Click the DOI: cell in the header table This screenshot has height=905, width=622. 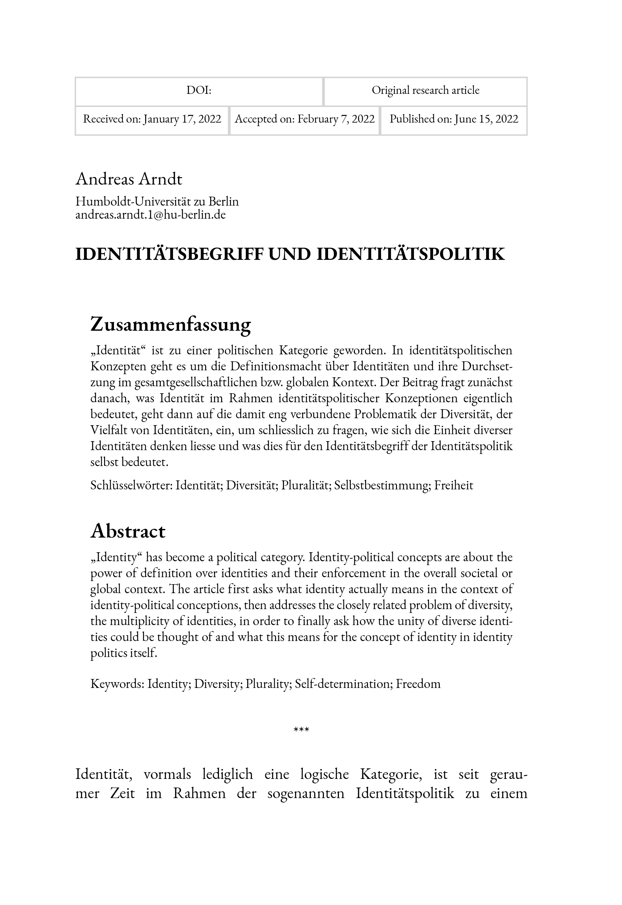(x=199, y=90)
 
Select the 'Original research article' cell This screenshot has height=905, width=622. (x=425, y=90)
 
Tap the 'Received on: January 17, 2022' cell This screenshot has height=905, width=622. (x=152, y=119)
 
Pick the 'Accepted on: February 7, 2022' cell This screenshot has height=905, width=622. (x=304, y=119)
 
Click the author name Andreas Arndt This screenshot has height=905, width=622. (x=129, y=179)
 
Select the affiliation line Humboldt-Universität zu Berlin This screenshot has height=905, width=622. (x=157, y=201)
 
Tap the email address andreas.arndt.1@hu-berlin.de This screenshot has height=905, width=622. (x=150, y=215)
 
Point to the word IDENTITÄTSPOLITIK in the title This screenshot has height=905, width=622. (x=410, y=254)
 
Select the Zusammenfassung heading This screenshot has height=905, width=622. (x=170, y=324)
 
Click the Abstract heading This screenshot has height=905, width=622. (x=128, y=531)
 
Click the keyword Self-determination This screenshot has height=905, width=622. (x=344, y=684)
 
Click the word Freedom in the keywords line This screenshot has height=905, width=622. (x=418, y=684)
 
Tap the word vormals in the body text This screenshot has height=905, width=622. (x=167, y=774)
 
